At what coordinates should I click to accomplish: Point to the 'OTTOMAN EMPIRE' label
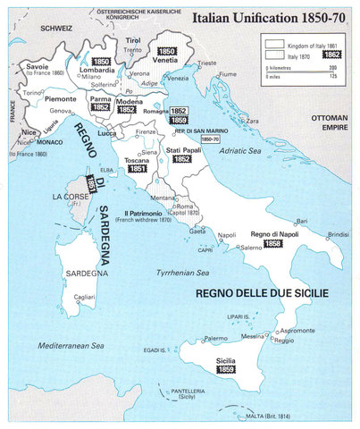pyautogui.click(x=328, y=122)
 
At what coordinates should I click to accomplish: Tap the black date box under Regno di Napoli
pyautogui.click(x=272, y=243)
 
